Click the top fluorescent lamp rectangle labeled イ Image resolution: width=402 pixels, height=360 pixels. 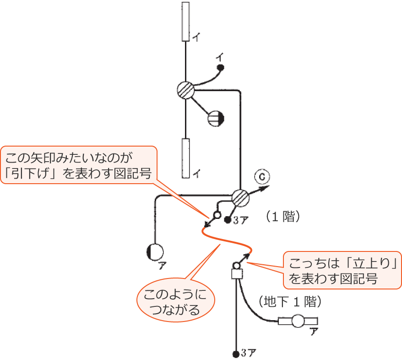185,22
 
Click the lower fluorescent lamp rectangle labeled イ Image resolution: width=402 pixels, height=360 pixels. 185,158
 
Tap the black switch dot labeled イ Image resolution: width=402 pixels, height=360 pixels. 220,68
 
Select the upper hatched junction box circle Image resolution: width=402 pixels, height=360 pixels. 185,90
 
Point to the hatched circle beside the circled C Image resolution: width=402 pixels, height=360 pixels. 240,197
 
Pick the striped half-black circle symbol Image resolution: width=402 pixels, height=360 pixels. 216,119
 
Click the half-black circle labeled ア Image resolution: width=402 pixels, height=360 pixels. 155,251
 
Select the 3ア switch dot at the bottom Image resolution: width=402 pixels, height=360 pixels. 235,353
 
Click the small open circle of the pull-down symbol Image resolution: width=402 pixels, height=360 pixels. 217,214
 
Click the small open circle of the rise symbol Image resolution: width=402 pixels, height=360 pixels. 237,265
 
